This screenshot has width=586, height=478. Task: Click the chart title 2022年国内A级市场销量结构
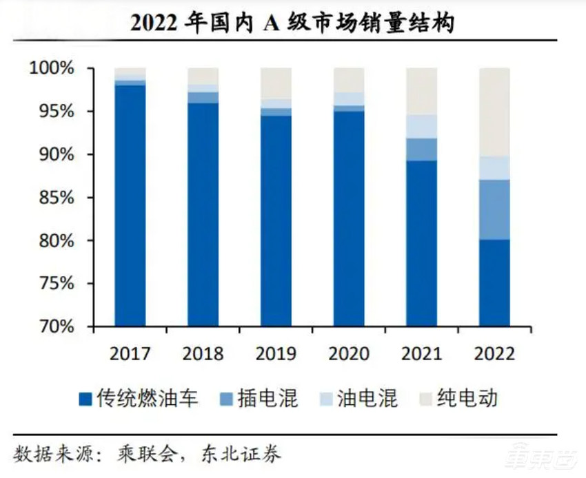[x=292, y=22]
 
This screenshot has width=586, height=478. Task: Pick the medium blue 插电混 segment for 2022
[x=494, y=209]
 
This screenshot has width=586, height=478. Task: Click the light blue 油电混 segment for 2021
[x=421, y=126]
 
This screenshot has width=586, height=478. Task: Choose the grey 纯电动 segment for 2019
[x=276, y=83]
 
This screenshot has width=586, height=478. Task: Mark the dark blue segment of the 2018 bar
[x=203, y=214]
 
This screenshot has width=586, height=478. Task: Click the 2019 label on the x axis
[x=276, y=354]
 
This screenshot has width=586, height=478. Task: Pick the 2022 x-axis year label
[x=494, y=354]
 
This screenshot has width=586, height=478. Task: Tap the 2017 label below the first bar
[x=130, y=354]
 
